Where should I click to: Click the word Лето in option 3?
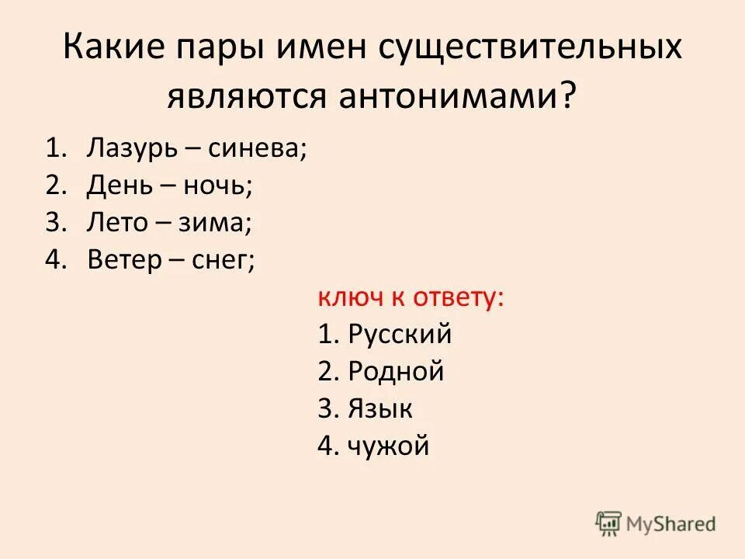coord(116,223)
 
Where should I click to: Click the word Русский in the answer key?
coord(400,335)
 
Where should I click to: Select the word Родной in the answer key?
coord(396,372)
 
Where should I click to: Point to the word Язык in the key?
coord(380,409)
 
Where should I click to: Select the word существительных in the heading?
coord(530,48)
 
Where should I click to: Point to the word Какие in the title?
coord(117,48)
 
